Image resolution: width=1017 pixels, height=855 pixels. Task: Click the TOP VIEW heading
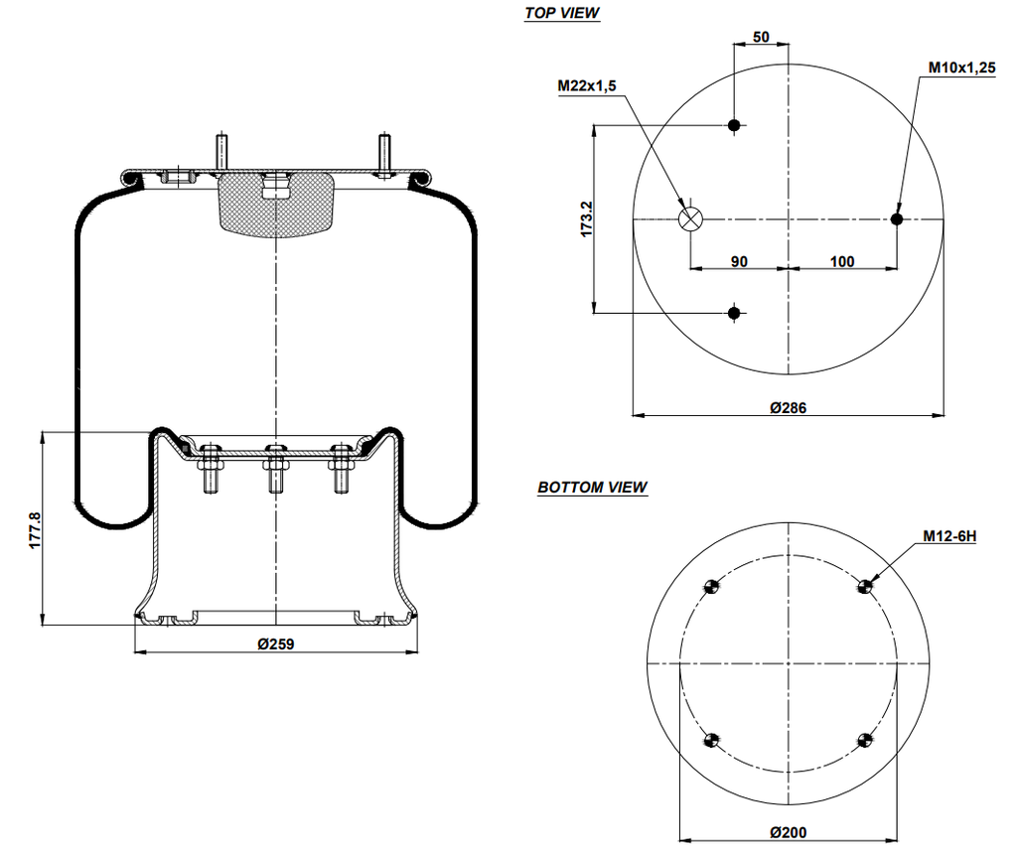pos(562,13)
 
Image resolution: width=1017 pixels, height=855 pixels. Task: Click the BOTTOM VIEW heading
pos(592,488)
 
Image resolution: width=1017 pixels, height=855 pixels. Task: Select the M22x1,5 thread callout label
pos(587,86)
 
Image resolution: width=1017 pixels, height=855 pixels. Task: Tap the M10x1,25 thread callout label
pos(961,68)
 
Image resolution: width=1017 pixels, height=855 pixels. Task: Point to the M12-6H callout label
pos(949,536)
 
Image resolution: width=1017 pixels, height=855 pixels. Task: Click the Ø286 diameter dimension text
pos(788,407)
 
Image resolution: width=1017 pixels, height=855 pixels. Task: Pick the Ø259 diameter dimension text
pos(276,643)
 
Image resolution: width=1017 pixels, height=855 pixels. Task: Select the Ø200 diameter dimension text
pos(788,832)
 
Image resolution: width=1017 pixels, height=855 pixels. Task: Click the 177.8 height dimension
pos(35,530)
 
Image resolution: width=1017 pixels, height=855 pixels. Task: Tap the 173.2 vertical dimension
pos(586,218)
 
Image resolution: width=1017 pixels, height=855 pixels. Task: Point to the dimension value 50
pos(761,37)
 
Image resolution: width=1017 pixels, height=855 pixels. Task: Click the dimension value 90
pos(739,261)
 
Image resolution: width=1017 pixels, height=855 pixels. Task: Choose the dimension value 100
pos(841,261)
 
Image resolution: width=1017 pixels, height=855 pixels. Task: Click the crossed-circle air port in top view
pos(690,219)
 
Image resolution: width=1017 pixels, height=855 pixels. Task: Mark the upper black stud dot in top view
pos(734,125)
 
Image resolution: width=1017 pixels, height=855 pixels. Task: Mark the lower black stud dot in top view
pos(734,314)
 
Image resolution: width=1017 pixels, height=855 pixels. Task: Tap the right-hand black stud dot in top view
pos(897,219)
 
